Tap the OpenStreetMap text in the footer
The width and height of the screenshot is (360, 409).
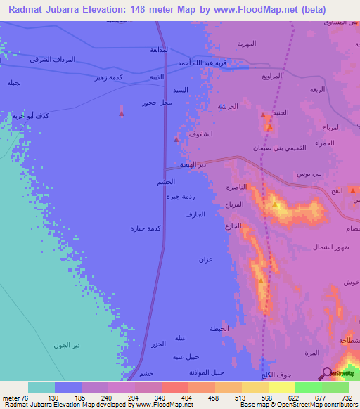tap(313, 405)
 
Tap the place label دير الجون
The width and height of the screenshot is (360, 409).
tap(67, 344)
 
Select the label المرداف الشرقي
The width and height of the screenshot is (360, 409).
tap(53, 60)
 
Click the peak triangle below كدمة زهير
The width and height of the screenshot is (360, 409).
tap(122, 112)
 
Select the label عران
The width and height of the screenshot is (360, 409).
tap(205, 260)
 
